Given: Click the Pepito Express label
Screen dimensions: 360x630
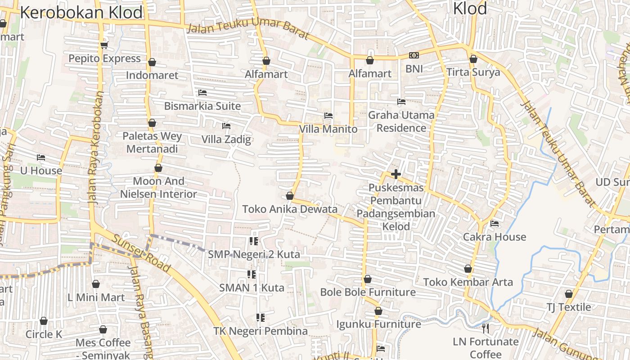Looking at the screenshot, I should pos(104,59).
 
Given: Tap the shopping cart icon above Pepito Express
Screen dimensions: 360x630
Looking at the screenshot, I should pos(104,45).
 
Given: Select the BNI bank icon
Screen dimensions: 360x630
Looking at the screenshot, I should pos(414,55).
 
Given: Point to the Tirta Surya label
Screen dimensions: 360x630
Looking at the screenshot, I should pos(473,72).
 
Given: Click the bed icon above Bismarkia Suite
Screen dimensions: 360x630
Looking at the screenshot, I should pos(202,93).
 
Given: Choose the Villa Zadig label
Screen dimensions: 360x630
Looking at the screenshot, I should pos(226,139).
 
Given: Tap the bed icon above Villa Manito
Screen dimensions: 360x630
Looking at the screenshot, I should pos(328,116).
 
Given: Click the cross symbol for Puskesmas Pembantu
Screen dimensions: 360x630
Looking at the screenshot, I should pos(396,174).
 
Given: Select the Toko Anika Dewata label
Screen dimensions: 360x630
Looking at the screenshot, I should pos(290,209).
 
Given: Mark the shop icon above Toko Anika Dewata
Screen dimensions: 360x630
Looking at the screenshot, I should pos(290,196).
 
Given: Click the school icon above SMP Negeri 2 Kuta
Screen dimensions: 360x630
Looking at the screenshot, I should pos(254,241).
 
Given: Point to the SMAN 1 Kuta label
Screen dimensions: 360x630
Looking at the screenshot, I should pos(252,288).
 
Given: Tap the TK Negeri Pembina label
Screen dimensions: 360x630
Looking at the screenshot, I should pos(261,332).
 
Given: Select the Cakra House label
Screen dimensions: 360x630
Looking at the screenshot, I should pos(495,237).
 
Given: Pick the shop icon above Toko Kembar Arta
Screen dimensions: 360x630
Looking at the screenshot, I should pos(468,269).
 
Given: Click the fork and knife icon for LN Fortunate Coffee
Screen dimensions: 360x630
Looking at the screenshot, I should pos(485,328).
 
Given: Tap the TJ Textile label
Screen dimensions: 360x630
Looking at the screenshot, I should pos(569,307).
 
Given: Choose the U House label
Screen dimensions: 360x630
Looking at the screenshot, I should pos(41,171).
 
